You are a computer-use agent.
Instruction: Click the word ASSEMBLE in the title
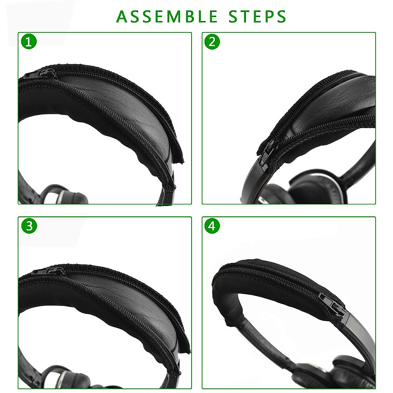(167, 16)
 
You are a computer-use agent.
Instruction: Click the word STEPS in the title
(257, 16)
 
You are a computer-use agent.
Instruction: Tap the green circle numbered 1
(29, 42)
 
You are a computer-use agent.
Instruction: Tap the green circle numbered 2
(212, 42)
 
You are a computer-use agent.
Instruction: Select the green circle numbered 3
(29, 226)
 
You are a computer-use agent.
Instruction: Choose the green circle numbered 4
(212, 226)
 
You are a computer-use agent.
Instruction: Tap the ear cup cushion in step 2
(308, 183)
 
